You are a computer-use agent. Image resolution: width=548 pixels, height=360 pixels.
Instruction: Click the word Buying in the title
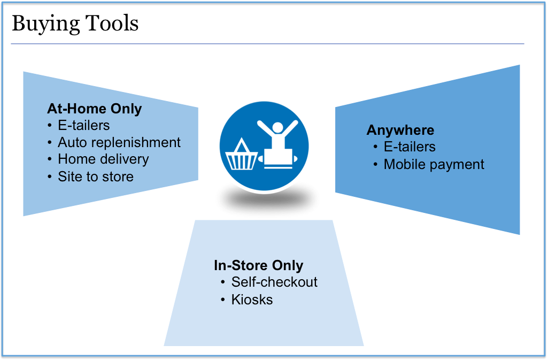46,24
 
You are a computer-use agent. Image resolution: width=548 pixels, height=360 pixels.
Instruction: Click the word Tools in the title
112,23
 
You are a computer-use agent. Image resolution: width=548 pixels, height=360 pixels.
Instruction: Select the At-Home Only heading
94,109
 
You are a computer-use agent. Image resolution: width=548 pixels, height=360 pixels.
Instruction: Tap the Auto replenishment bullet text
119,143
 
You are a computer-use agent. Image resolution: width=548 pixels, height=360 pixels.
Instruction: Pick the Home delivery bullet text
103,159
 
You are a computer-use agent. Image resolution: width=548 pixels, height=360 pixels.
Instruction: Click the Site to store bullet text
96,177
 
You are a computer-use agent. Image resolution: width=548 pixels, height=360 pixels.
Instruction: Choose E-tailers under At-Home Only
84,126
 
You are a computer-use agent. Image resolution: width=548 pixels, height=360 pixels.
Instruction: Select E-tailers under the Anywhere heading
410,147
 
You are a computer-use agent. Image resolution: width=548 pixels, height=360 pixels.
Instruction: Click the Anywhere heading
400,131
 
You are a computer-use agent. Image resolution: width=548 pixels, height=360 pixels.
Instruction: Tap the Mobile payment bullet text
434,165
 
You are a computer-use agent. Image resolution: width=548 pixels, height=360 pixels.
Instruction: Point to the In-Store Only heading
259,265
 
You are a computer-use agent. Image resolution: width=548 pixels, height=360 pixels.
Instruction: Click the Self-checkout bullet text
274,282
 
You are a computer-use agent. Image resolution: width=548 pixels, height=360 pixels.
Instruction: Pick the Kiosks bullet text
252,300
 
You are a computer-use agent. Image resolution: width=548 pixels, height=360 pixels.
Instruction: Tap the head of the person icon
277,127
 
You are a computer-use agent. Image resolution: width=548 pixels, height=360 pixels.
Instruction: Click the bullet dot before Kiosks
222,300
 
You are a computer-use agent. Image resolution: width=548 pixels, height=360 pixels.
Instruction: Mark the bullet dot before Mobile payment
375,164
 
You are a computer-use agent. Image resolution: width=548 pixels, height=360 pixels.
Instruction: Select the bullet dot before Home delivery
50,159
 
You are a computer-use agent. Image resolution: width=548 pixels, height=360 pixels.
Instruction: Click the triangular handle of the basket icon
242,145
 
